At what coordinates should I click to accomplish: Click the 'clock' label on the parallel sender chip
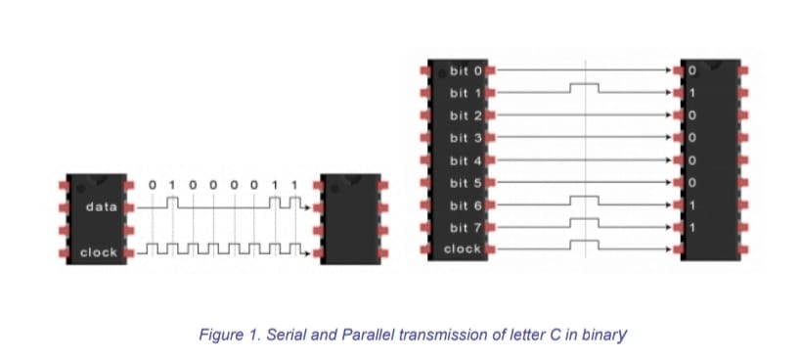coord(462,248)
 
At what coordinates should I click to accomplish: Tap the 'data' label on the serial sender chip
coord(101,207)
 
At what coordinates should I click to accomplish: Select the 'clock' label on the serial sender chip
coord(99,252)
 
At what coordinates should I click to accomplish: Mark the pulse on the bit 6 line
coord(585,200)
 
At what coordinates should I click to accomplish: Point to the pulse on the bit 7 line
coord(585,222)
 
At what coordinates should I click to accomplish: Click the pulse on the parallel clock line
coord(585,244)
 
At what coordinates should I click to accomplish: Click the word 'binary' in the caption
coord(604,335)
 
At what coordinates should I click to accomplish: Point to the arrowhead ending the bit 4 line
coord(678,160)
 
